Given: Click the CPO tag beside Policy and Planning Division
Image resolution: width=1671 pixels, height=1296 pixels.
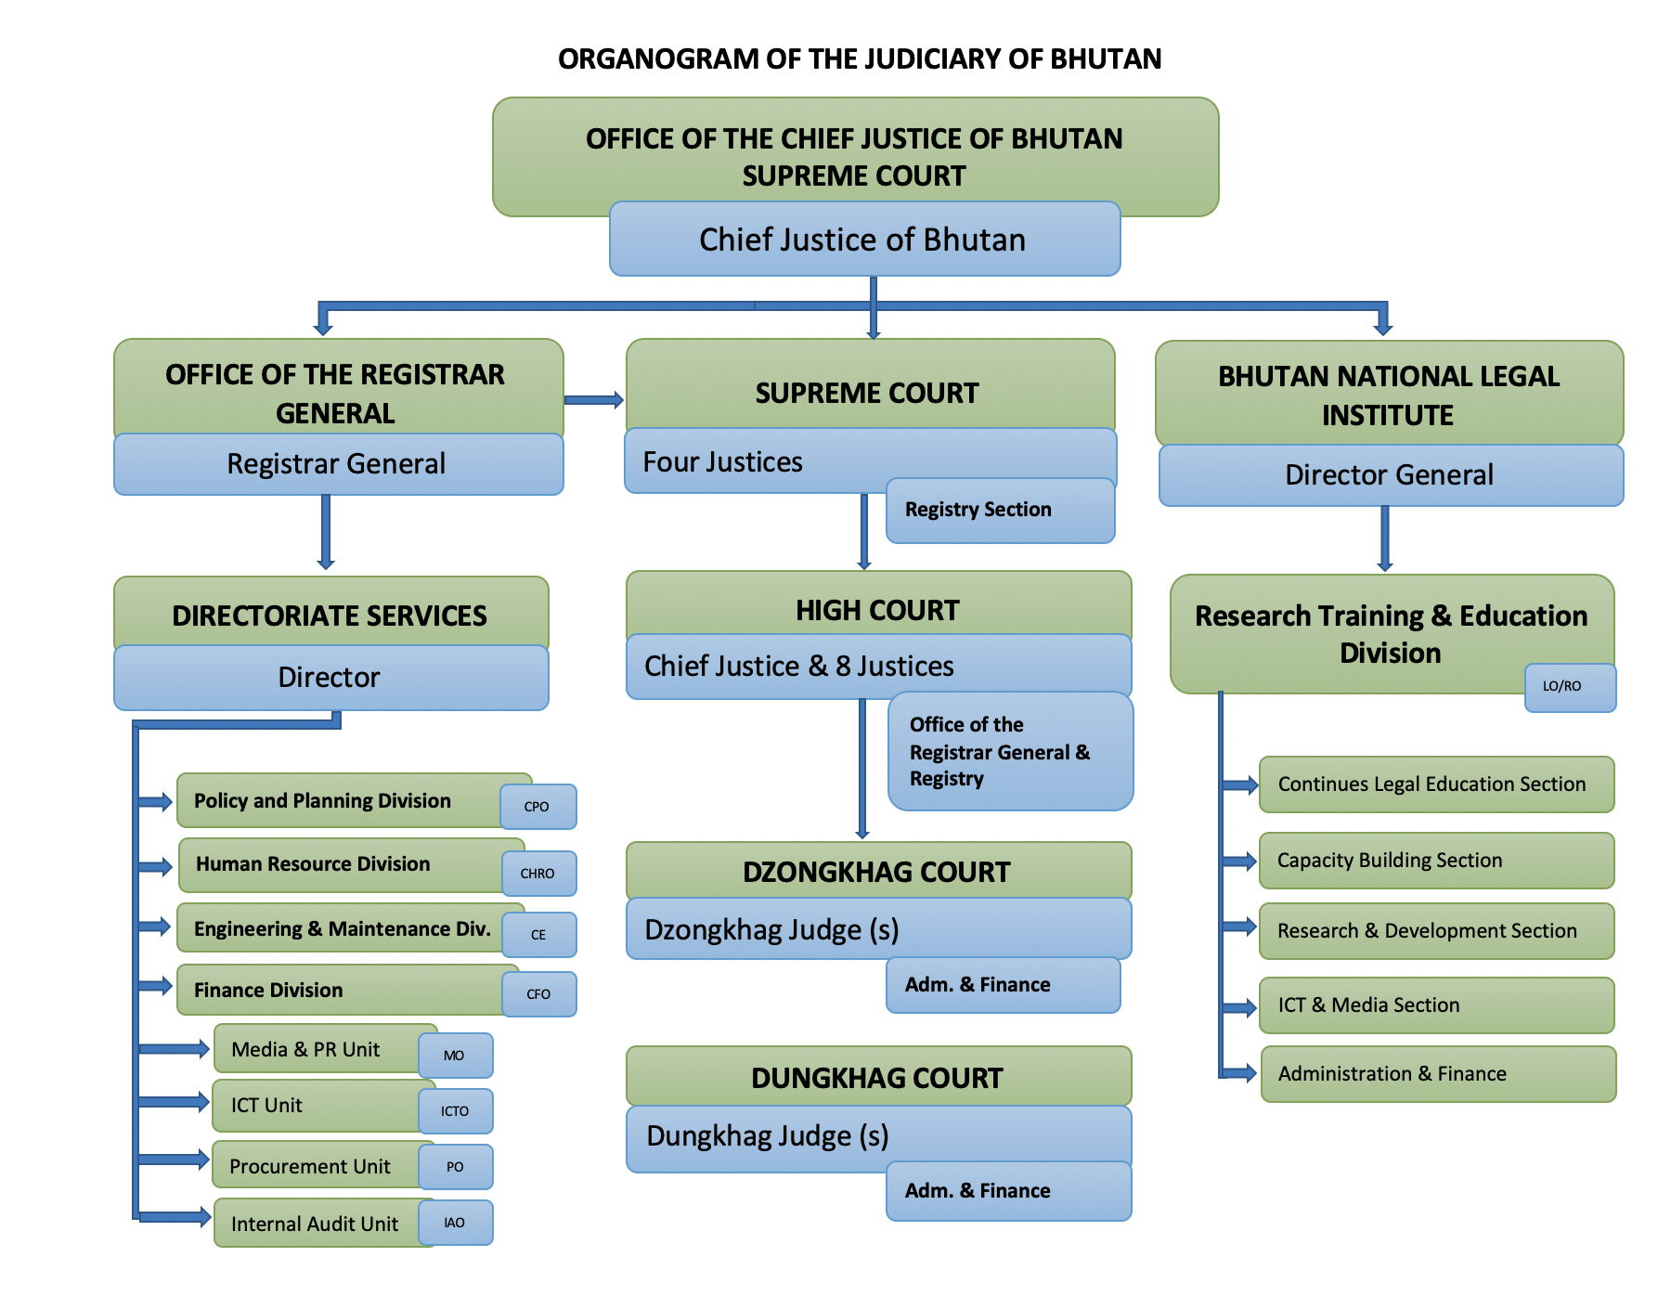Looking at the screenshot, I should [x=538, y=807].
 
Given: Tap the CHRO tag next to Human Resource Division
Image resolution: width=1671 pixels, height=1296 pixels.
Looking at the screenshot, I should [x=538, y=874].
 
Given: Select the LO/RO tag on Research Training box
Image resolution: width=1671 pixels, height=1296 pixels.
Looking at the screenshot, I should [x=1569, y=687].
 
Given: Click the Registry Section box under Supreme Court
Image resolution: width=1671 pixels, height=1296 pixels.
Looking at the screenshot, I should [x=999, y=511].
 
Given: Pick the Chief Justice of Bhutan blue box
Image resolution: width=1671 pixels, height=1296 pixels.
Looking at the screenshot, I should [x=863, y=240].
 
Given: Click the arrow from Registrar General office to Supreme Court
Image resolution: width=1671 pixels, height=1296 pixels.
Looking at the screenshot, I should [x=594, y=400].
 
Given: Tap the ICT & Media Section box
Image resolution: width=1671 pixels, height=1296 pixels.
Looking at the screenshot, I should [x=1435, y=1005].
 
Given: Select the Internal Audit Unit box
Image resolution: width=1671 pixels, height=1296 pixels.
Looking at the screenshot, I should [x=316, y=1224].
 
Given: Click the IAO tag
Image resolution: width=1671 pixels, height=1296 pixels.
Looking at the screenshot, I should [x=455, y=1223].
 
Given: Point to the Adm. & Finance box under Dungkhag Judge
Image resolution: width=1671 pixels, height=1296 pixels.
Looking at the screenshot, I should [x=1007, y=1191].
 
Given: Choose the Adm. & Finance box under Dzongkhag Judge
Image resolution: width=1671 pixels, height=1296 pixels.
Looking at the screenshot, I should [x=1003, y=985].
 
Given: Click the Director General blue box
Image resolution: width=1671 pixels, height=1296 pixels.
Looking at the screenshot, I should [x=1390, y=475].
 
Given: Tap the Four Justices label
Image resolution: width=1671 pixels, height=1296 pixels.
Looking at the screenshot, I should [x=723, y=462].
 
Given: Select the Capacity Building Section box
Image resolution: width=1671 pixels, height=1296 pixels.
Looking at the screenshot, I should [x=1435, y=861].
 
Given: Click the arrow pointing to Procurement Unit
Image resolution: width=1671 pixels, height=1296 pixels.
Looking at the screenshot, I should [x=175, y=1159].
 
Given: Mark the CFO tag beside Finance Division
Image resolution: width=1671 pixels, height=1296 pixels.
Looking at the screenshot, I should [x=538, y=994].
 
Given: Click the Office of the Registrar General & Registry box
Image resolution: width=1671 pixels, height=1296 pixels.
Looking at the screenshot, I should [x=1009, y=752].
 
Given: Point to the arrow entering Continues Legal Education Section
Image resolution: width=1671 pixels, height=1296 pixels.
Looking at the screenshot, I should [x=1240, y=785].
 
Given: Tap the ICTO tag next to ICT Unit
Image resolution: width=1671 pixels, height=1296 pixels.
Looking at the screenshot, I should [x=455, y=1111].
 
